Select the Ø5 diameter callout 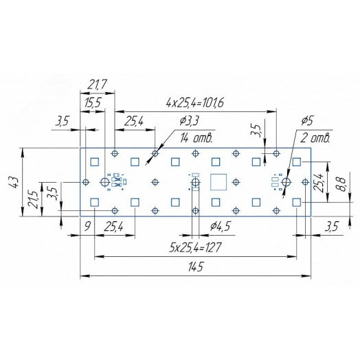(x=306, y=121)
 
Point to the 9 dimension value (x=87, y=225)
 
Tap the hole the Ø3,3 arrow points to (x=155, y=153)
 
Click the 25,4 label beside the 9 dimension (x=114, y=225)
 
